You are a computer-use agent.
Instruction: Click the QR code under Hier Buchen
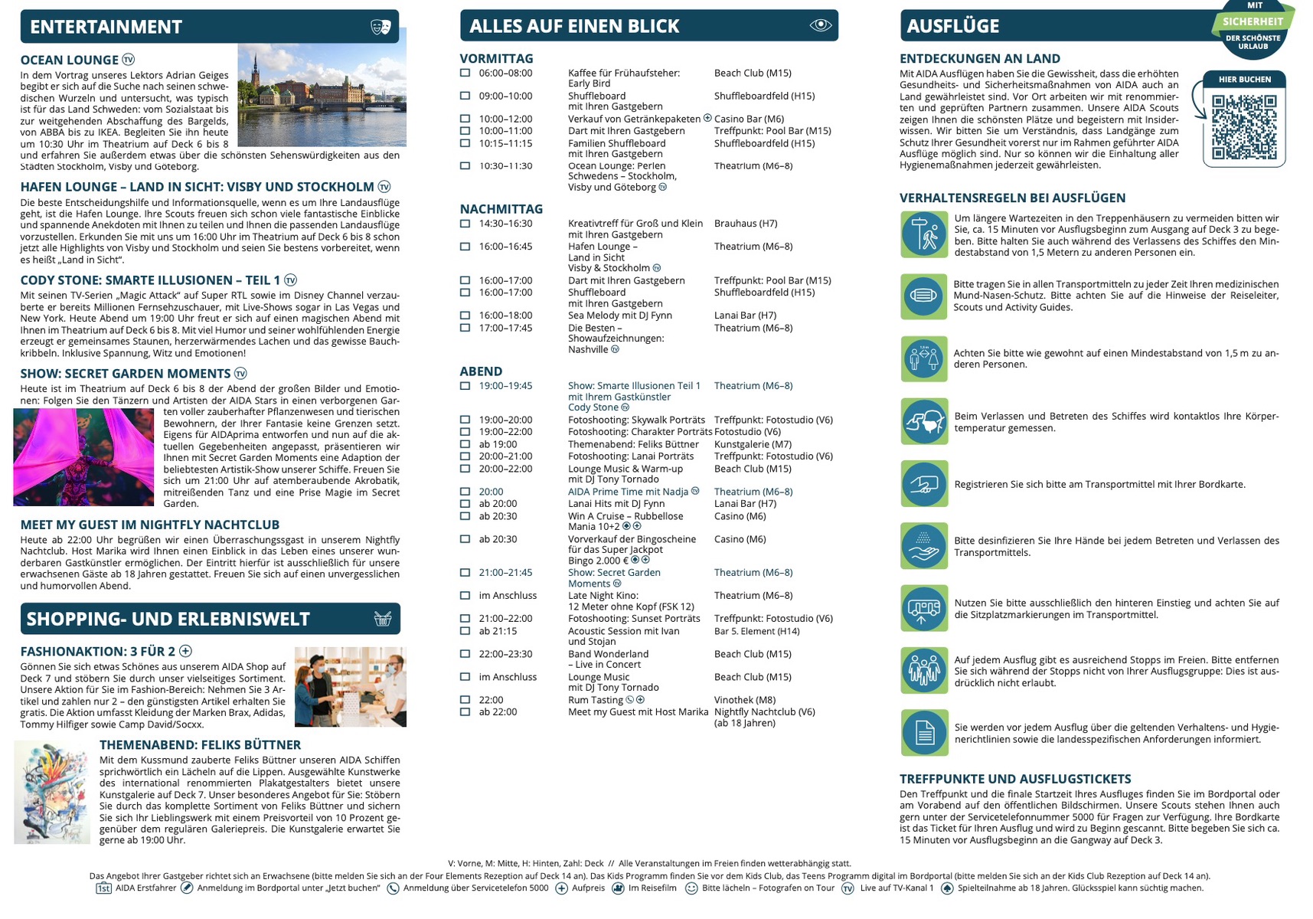pos(1244,126)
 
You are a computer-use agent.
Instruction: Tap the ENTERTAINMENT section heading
pos(106,27)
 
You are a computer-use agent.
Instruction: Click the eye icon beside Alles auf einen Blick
pos(820,25)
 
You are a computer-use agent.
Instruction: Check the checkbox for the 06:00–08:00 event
pos(465,73)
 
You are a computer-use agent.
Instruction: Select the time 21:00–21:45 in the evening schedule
pos(505,572)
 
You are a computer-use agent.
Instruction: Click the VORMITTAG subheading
pos(496,58)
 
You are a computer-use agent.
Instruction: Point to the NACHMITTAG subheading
pos(501,209)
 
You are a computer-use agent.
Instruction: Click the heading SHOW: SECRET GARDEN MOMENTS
pos(126,374)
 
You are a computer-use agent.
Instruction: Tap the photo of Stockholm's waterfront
pos(322,95)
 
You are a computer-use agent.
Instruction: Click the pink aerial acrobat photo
pos(83,456)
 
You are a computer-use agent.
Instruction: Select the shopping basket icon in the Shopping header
pos(383,619)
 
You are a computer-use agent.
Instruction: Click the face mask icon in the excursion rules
pos(924,296)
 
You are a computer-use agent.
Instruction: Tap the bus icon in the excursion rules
pos(924,608)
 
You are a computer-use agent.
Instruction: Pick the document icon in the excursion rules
pos(924,733)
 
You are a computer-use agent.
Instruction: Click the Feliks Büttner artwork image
pos(52,792)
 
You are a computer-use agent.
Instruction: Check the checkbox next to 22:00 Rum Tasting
pos(465,699)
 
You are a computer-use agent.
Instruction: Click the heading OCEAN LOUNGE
pos(70,60)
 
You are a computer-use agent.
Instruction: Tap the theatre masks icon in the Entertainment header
pos(381,27)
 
